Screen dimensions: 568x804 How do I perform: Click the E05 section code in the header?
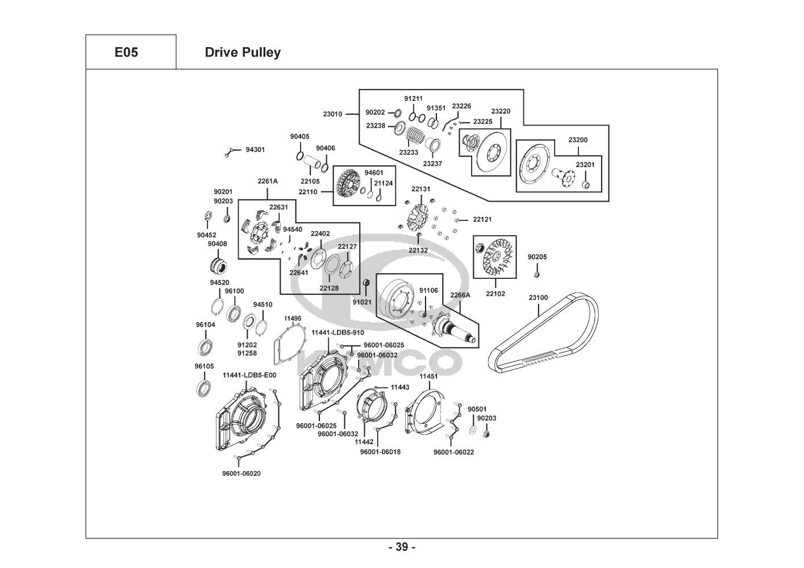pyautogui.click(x=126, y=53)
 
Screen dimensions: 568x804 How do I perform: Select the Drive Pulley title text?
pyautogui.click(x=243, y=53)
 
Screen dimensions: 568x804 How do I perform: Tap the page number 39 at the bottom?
pyautogui.click(x=402, y=548)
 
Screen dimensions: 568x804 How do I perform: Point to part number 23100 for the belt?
pyautogui.click(x=538, y=298)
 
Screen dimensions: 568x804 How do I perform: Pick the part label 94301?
pyautogui.click(x=255, y=150)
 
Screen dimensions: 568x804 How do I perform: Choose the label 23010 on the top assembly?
pyautogui.click(x=332, y=114)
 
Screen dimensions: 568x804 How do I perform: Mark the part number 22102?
pyautogui.click(x=495, y=294)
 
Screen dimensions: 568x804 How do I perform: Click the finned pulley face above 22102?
pyautogui.click(x=495, y=258)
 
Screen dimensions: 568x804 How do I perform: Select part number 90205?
pyautogui.click(x=537, y=257)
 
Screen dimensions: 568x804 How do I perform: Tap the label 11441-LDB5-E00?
pyautogui.click(x=249, y=375)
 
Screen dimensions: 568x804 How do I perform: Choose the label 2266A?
pyautogui.click(x=460, y=295)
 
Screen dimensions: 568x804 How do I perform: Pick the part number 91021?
pyautogui.click(x=362, y=302)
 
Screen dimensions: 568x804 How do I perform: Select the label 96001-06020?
pyautogui.click(x=241, y=473)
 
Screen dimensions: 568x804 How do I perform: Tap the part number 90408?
pyautogui.click(x=217, y=244)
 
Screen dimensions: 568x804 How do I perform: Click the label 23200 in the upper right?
pyautogui.click(x=578, y=140)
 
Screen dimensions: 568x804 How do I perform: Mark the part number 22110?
pyautogui.click(x=308, y=191)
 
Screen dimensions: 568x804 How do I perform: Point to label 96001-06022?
pyautogui.click(x=453, y=452)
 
